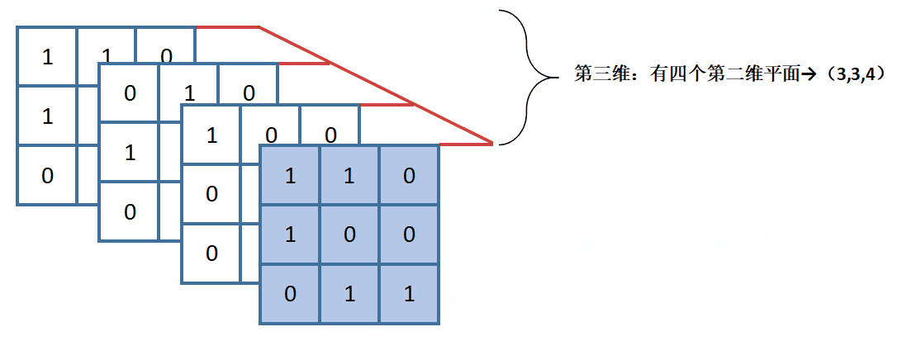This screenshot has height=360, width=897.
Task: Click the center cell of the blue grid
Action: pos(349,234)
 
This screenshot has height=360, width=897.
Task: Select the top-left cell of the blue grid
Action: pos(290,175)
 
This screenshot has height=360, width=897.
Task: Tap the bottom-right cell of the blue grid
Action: pos(409,294)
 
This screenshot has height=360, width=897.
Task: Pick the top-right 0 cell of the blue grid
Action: pos(409,175)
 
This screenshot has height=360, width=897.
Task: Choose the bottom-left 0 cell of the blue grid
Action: pos(290,294)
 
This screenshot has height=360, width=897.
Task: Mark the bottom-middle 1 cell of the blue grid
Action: pos(349,294)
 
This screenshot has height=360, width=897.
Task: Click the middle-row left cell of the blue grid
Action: pos(290,234)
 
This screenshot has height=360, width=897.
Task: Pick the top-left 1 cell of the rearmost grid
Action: pos(47,57)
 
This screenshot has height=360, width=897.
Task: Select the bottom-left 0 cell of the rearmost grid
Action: pos(47,175)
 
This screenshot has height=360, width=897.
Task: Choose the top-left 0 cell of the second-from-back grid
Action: pos(130,92)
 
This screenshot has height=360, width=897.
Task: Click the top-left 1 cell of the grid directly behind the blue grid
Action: pos(211,134)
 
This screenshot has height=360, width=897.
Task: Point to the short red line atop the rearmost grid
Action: pos(227,27)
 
